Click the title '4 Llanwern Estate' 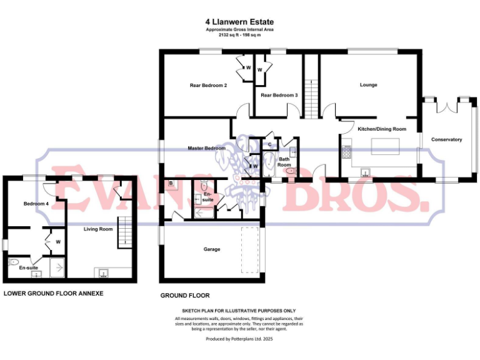(239, 21)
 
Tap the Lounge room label (368, 85)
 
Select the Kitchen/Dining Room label (382, 129)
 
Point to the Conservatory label (446, 139)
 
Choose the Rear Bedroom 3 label (279, 95)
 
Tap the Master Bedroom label (206, 148)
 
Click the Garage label (212, 249)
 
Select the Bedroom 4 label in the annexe (36, 204)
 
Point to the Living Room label (98, 229)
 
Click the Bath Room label (284, 162)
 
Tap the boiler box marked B (171, 184)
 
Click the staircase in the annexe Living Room (126, 232)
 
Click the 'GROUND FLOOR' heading (184, 296)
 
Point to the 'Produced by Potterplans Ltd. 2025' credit (239, 339)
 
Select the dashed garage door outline (250, 250)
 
